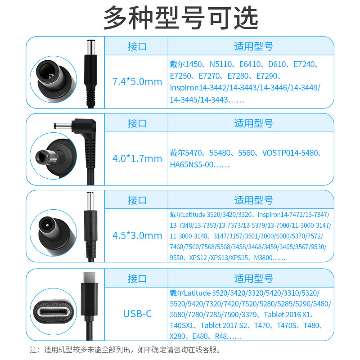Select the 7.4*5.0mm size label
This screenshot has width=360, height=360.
coord(137,82)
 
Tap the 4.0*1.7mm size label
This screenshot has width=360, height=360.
coord(137,159)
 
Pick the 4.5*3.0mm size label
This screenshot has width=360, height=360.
coord(137,236)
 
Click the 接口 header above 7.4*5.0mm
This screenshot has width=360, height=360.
coord(137,46)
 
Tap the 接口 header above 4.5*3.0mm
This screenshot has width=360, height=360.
coord(137,200)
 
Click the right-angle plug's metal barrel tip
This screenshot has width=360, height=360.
coord(61,126)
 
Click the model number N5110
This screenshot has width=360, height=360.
coord(216,64)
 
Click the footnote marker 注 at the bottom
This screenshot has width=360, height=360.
coord(33,349)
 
